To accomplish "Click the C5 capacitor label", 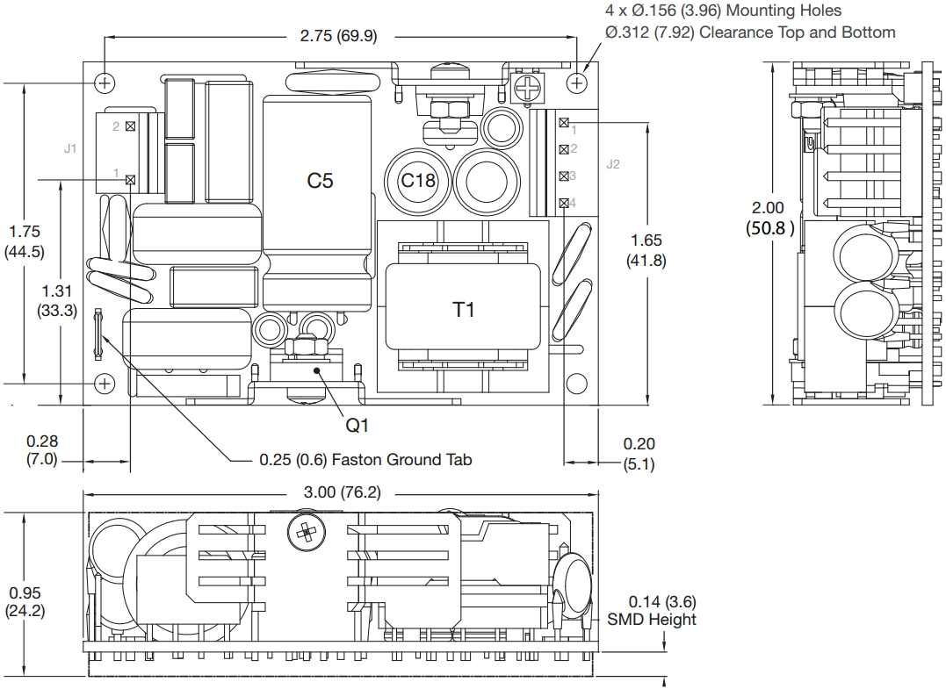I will (x=320, y=181).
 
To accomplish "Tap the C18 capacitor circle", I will (x=418, y=181).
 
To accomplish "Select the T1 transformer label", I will (x=464, y=309).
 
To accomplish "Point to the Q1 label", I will (x=357, y=425).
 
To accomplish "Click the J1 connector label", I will (x=70, y=148).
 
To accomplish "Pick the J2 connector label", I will (x=613, y=164).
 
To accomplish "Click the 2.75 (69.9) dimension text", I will (x=338, y=36).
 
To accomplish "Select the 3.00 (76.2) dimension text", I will (x=343, y=492).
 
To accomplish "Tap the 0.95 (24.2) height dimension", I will (x=25, y=602).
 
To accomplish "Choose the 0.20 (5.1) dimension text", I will (x=639, y=454).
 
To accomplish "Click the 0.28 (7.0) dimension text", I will (x=42, y=450).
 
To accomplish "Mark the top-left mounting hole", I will (x=105, y=83).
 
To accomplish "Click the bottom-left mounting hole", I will (x=105, y=383).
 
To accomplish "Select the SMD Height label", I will (x=651, y=620).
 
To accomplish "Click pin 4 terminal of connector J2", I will (x=563, y=204).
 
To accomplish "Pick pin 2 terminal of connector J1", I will (x=131, y=126).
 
